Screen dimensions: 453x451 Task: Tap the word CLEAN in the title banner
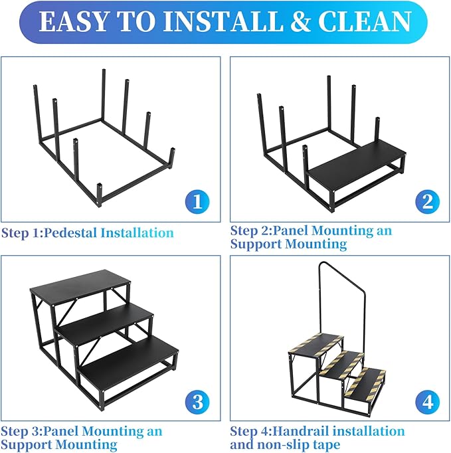click(x=364, y=21)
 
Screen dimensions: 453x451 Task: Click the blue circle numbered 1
click(x=196, y=201)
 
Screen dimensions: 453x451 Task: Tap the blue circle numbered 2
click(x=426, y=201)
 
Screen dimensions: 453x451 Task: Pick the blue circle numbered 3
click(x=196, y=402)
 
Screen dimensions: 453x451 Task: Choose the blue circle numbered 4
click(x=426, y=402)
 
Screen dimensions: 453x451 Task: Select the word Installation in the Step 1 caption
click(x=137, y=233)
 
